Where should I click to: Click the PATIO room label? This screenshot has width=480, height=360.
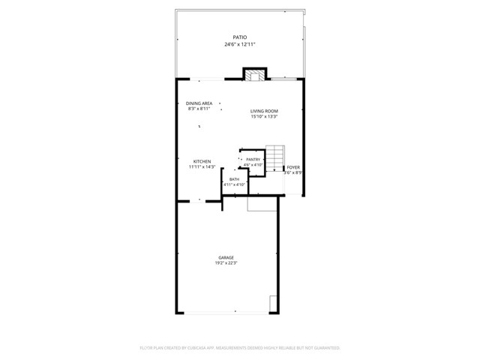pos(239,37)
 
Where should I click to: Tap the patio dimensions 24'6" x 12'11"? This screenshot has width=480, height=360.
pos(239,44)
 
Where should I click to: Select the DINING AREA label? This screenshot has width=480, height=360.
pos(199,103)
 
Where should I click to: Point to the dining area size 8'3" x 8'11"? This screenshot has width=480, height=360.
pos(199,109)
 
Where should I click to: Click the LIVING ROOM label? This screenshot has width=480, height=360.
pos(264,111)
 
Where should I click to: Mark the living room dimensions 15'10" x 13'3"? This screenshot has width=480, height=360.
pos(264,117)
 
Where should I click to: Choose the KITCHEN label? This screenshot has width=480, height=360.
pos(202,161)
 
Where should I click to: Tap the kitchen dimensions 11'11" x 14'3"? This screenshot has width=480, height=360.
pos(202,167)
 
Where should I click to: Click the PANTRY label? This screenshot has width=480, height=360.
pos(252,159)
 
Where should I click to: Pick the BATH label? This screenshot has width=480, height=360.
pos(234,178)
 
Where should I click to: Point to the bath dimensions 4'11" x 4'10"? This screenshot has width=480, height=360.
pos(234,184)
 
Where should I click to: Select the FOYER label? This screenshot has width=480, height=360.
pos(293,167)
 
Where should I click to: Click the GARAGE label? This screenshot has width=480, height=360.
pos(226,257)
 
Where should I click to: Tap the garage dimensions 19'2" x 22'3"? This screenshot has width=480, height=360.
pos(226,263)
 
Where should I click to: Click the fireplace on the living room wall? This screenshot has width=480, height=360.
pos(255,75)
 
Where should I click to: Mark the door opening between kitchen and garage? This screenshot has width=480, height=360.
pos(199,201)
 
